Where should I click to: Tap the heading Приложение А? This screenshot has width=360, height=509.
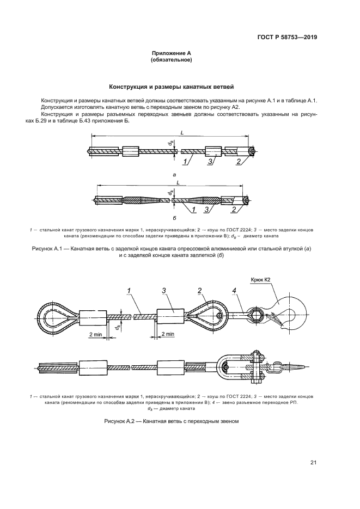pyautogui.click(x=171, y=53)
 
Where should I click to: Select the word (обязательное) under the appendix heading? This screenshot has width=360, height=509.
pyautogui.click(x=171, y=60)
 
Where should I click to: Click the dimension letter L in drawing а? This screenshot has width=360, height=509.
pyautogui.click(x=181, y=132)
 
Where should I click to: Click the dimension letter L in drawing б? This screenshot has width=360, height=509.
pyautogui.click(x=178, y=183)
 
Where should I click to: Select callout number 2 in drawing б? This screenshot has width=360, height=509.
pyautogui.click(x=233, y=210)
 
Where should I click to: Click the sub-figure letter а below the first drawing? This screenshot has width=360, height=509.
pyautogui.click(x=174, y=175)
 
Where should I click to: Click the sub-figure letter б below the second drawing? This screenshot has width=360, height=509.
pyautogui.click(x=173, y=217)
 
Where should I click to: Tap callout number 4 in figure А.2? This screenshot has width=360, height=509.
pyautogui.click(x=234, y=292)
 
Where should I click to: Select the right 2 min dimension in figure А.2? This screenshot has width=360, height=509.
pyautogui.click(x=167, y=334)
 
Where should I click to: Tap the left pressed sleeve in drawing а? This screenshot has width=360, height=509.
pyautogui.click(x=131, y=151)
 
